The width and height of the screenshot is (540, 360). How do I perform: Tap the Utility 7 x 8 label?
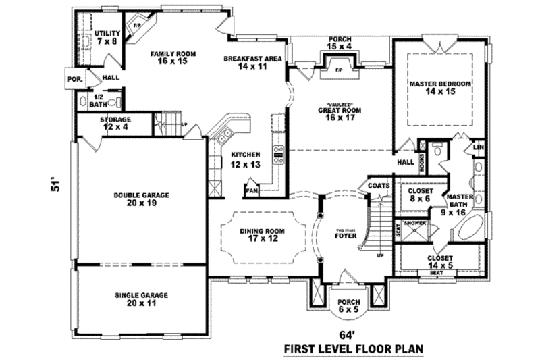[x=107, y=37]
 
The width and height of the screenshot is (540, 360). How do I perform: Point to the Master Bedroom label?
[x=440, y=87]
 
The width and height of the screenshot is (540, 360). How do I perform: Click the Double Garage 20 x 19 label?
[x=141, y=199]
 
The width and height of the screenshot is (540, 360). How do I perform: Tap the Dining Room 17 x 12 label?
[x=262, y=234]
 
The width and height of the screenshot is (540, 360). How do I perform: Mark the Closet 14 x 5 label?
[x=440, y=262]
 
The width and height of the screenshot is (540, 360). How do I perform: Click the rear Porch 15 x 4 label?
[x=340, y=43]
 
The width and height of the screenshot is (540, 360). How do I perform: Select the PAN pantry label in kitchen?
[x=252, y=190]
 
